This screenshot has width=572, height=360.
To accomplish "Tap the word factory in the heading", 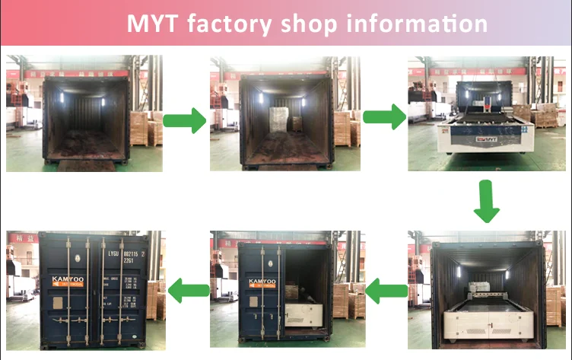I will click(x=228, y=23).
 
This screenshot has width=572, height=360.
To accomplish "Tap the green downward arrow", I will click(x=486, y=201).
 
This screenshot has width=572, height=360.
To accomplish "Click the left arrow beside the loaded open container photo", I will click(x=386, y=288).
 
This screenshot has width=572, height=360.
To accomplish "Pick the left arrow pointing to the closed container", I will click(x=188, y=288).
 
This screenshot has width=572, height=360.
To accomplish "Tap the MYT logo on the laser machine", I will click(x=485, y=139).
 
